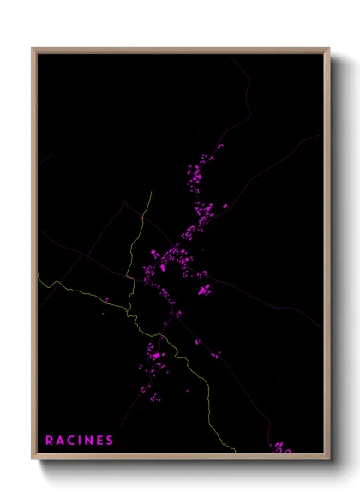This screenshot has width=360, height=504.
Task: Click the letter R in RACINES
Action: [x=50, y=441]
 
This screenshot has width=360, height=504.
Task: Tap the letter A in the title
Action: [x=61, y=441]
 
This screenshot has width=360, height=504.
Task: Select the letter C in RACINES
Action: [x=72, y=441]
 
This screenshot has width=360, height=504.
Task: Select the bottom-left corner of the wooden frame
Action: [x=33, y=459]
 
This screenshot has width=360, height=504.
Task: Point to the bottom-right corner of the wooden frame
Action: [x=330, y=459]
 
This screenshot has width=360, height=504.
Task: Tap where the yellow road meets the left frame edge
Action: [x=37, y=273]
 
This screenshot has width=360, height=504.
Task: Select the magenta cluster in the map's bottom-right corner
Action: [x=281, y=447]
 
